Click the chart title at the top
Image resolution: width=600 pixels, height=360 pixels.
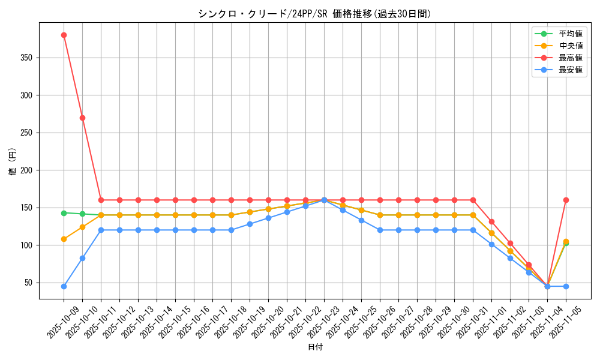coord(314,14)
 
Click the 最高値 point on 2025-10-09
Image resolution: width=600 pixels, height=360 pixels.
coord(64,35)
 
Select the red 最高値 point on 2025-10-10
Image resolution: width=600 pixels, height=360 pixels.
coord(82,118)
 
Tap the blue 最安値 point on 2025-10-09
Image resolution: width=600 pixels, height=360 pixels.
coord(64,286)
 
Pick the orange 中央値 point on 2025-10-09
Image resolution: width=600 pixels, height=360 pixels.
coord(64,239)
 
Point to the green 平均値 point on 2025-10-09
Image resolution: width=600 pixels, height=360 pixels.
coord(64,213)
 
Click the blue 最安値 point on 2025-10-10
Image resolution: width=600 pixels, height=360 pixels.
coord(82,258)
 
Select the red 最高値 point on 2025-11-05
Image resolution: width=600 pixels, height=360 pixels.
coord(566,200)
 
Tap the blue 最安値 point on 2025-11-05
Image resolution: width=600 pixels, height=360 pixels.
coord(566,286)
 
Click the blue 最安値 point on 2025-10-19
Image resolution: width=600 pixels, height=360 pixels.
coord(250,224)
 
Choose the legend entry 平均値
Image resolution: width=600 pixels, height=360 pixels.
coord(570,34)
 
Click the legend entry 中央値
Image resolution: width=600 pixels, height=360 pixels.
coord(570,46)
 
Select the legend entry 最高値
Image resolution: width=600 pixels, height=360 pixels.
coord(570,58)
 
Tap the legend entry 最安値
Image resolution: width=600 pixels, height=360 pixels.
coord(570,70)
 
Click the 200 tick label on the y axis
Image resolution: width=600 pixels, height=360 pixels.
coord(28,170)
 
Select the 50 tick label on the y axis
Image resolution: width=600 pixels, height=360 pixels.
coord(29,283)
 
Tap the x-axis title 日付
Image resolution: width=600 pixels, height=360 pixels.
coord(314,347)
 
